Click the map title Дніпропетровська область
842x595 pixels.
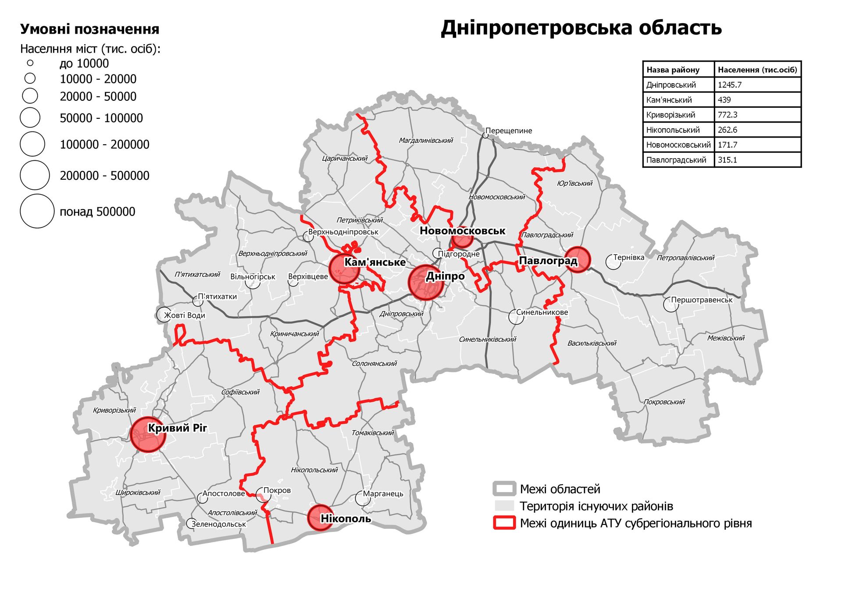pyautogui.click(x=581, y=28)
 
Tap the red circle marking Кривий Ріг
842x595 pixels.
pyautogui.click(x=148, y=434)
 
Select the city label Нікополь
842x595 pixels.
pyautogui.click(x=346, y=519)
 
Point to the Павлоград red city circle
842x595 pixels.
pyautogui.click(x=577, y=259)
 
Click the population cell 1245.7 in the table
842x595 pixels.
pyautogui.click(x=729, y=85)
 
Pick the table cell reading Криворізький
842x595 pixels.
pyautogui.click(x=671, y=115)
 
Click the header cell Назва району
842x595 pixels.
pyautogui.click(x=673, y=70)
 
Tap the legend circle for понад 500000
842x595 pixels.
pyautogui.click(x=37, y=211)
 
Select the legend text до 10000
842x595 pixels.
pyautogui.click(x=84, y=64)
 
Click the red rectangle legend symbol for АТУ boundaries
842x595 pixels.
pyautogui.click(x=504, y=523)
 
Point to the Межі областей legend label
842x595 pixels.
pyautogui.click(x=560, y=489)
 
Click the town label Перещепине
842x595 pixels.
pyautogui.click(x=509, y=131)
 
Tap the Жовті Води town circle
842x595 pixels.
pyautogui.click(x=164, y=315)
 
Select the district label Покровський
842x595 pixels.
pyautogui.click(x=664, y=402)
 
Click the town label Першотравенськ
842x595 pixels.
pyautogui.click(x=702, y=300)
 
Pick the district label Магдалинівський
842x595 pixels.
pyautogui.click(x=425, y=141)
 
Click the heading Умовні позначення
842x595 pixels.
pyautogui.click(x=89, y=29)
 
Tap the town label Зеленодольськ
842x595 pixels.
pyautogui.click(x=218, y=524)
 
